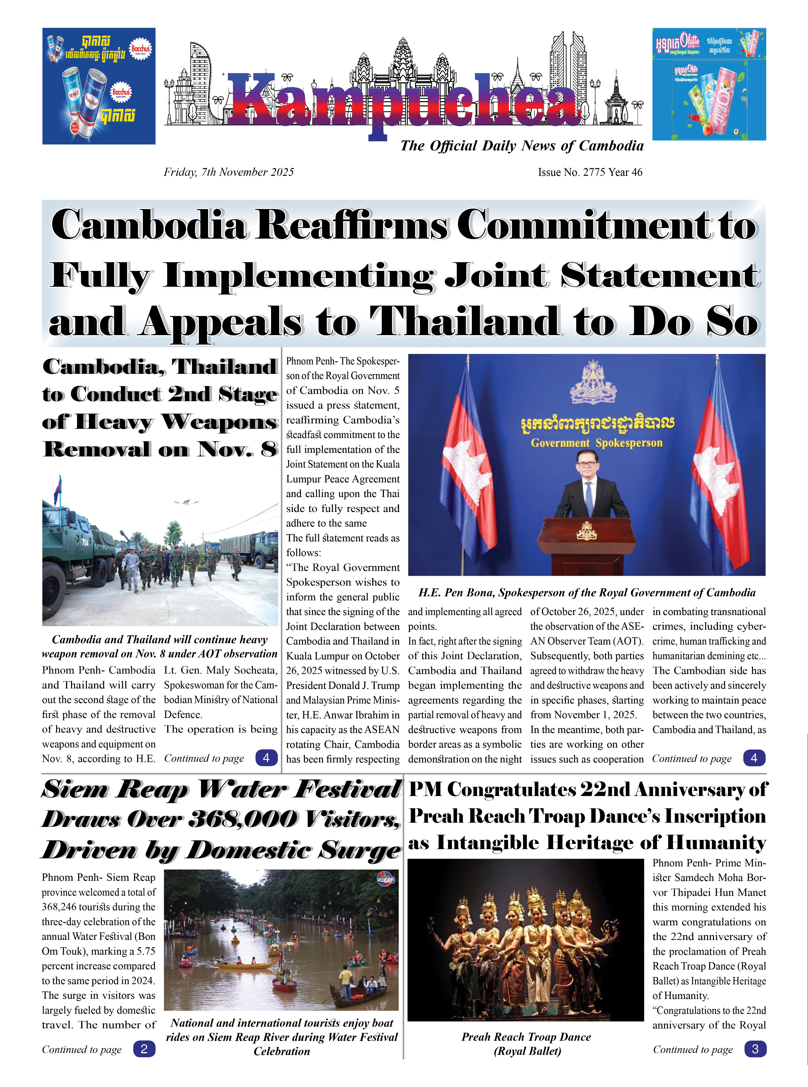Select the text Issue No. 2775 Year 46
pos(590,172)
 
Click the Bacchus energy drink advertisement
pos(99,86)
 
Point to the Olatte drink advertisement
pos(709,84)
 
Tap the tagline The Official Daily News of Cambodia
pos(521,146)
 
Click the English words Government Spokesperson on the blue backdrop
pos(596,443)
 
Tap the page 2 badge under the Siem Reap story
pos(144,1049)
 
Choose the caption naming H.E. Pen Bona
pos(586,593)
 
